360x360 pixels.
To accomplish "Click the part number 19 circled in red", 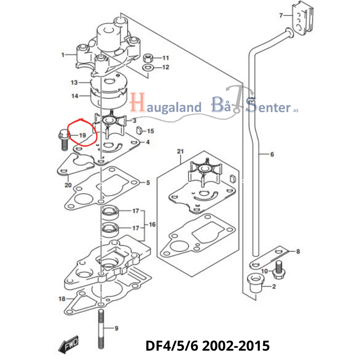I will click(x=82, y=136).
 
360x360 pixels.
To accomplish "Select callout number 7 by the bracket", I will click(x=282, y=15).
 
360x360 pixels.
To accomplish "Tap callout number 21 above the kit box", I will click(x=180, y=152).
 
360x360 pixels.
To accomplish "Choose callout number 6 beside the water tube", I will click(x=272, y=154).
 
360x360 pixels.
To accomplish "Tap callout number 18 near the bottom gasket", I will click(x=62, y=299).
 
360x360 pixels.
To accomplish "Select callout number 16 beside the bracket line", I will click(x=152, y=225).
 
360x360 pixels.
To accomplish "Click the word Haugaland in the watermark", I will click(x=166, y=107).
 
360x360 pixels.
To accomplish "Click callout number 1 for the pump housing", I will click(x=63, y=55).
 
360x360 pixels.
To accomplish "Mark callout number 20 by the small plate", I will click(x=68, y=185).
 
